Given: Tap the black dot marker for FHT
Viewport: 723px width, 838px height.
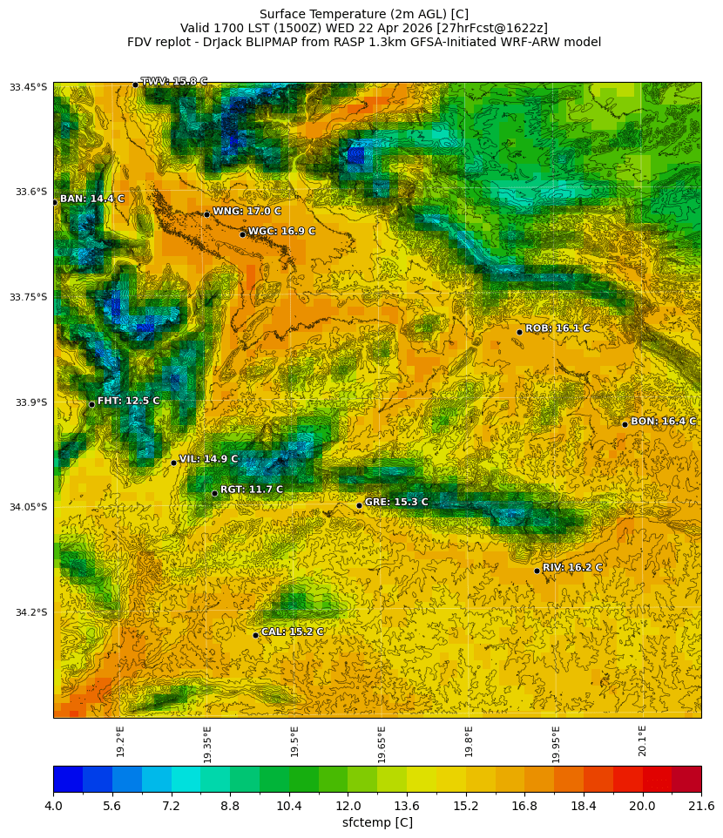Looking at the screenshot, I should [91, 404].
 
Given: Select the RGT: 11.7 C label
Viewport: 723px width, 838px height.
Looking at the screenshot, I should [252, 490].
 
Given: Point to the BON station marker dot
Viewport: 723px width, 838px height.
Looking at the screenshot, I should [625, 424].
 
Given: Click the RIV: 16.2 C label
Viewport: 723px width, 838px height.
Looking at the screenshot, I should [572, 567].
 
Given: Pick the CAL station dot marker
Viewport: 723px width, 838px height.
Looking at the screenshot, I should [255, 635].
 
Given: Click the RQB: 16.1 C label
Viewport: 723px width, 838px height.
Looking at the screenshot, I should [557, 328].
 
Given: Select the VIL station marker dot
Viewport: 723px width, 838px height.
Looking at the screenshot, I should [173, 463].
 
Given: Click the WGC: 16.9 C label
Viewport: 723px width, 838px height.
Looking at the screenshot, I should [281, 231].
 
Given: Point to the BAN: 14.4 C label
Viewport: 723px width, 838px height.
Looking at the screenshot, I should [92, 199].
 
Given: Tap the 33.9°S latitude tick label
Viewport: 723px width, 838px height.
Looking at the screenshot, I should [28, 402].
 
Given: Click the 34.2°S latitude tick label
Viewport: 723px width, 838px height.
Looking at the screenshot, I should [28, 612].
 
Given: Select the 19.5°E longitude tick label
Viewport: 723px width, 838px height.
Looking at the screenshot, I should [294, 740].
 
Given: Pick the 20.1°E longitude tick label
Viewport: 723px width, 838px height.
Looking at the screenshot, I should [642, 740].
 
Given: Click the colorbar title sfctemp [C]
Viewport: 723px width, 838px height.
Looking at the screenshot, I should [377, 822].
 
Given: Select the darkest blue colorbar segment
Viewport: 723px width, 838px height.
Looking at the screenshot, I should [68, 778].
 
